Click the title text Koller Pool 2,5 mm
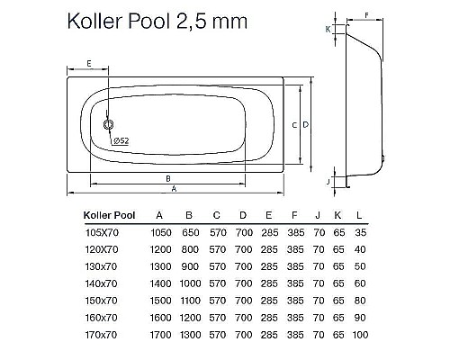pyautogui.click(x=154, y=21)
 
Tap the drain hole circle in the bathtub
pyautogui.click(x=109, y=126)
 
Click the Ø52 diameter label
pyautogui.click(x=120, y=141)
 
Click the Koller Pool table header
pyautogui.click(x=109, y=215)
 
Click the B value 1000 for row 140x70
pyautogui.click(x=188, y=283)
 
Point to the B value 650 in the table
pyautogui.click(x=188, y=231)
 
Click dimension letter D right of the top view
pyautogui.click(x=306, y=123)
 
